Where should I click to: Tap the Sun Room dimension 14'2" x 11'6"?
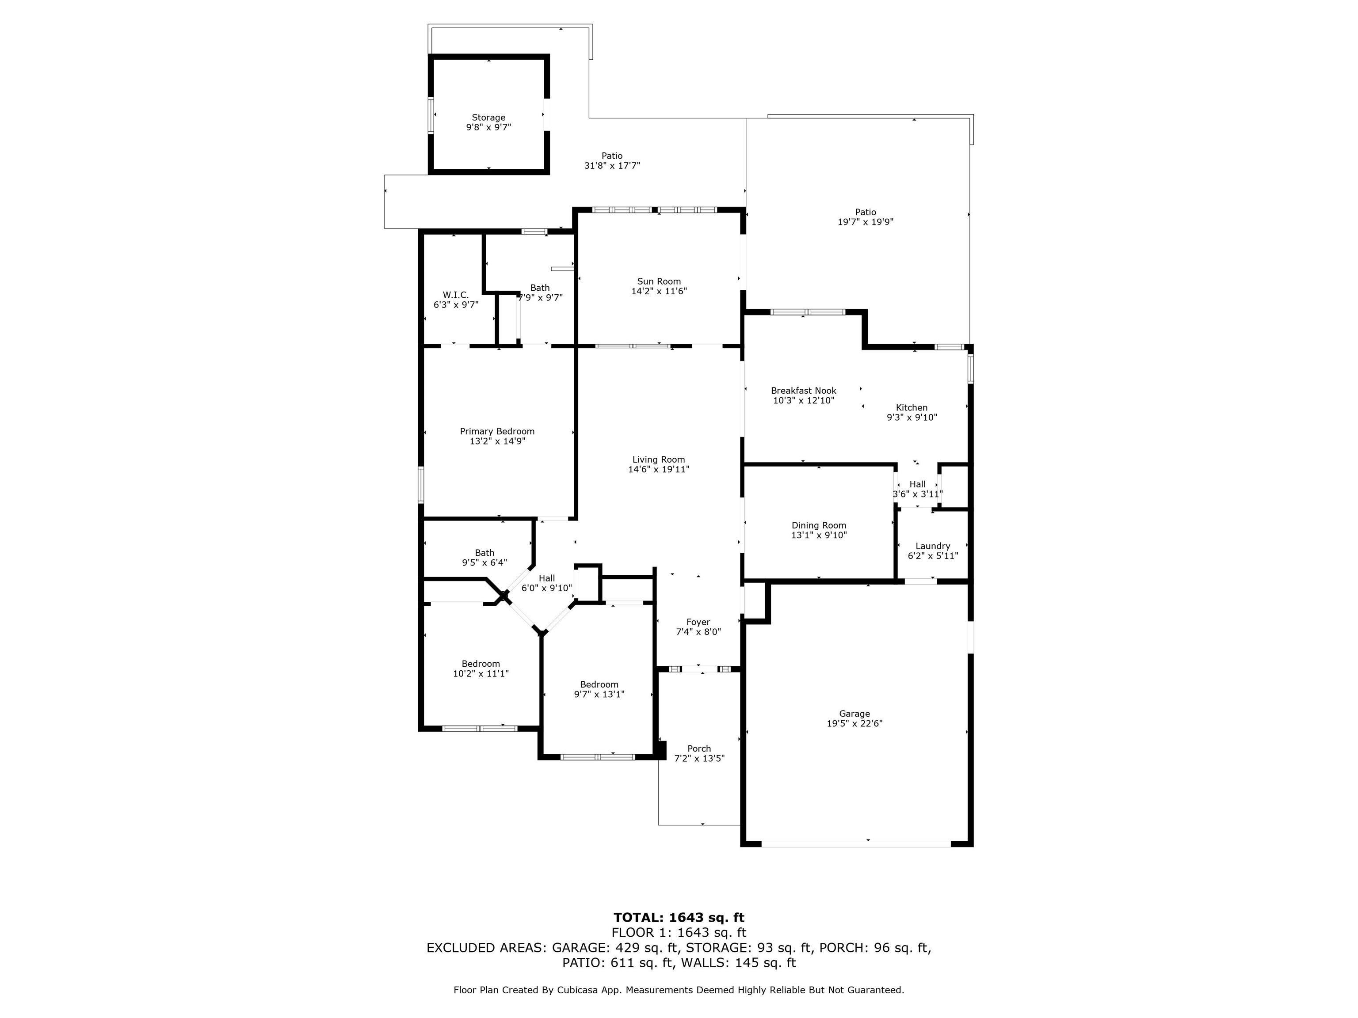[x=659, y=292]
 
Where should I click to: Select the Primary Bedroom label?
[x=497, y=431]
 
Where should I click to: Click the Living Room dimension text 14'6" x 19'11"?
[x=659, y=469]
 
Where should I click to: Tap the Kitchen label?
[x=912, y=407]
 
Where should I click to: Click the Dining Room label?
[x=819, y=525]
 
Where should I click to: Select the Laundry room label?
[x=933, y=546]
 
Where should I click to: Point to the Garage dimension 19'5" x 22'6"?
[x=854, y=723]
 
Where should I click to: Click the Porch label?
[x=699, y=748]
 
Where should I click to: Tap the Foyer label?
[x=698, y=622]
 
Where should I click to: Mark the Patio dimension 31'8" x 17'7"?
[x=612, y=166]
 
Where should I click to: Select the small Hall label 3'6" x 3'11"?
[x=918, y=489]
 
